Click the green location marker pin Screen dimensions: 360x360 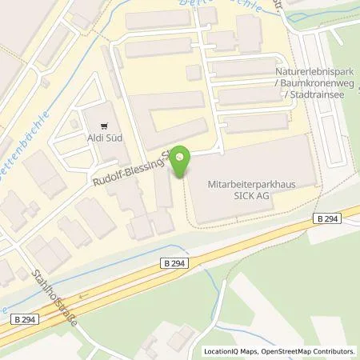click(182, 162)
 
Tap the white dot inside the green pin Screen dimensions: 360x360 click(182, 157)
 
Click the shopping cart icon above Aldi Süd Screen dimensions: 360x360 click(104, 124)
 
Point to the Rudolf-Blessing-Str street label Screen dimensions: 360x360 click(129, 168)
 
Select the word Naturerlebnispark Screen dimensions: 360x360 click(313, 70)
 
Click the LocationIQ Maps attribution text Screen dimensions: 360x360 click(229, 350)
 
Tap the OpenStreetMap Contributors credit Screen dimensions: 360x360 click(306, 350)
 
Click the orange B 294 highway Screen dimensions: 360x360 click(240, 248)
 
